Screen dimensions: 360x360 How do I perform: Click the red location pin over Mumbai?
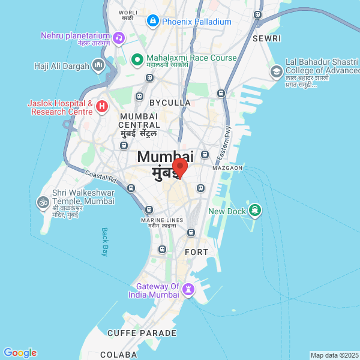(x=180, y=167)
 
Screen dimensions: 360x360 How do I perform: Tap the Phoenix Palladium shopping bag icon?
(x=153, y=22)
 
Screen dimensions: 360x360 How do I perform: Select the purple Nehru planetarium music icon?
(x=118, y=38)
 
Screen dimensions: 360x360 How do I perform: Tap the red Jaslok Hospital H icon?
(x=102, y=107)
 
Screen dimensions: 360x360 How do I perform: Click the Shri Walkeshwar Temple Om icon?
(x=43, y=202)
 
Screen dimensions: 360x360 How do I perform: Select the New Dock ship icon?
(x=256, y=210)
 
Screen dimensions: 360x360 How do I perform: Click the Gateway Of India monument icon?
(x=188, y=290)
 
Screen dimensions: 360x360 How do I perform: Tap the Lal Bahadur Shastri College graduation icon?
(x=276, y=73)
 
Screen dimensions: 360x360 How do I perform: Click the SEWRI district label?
(x=266, y=38)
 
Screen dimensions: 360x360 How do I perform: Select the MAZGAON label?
(x=227, y=168)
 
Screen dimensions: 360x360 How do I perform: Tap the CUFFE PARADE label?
(x=142, y=333)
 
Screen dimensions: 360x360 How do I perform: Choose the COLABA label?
(x=118, y=355)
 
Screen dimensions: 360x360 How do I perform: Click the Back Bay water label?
(x=104, y=242)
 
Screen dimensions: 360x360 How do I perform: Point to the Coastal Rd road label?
(x=100, y=177)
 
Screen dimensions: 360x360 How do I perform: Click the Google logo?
(x=20, y=353)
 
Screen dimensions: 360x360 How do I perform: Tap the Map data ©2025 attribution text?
(x=334, y=355)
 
